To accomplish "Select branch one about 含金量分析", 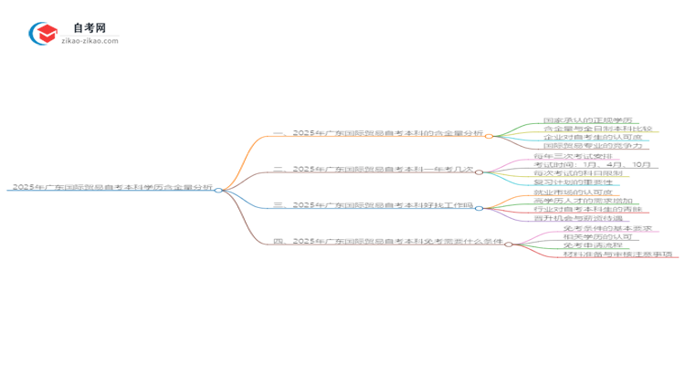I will [378, 133].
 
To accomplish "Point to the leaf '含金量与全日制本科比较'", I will [592, 129].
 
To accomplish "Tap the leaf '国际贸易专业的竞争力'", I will [592, 146].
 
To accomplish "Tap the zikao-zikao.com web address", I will [89, 41].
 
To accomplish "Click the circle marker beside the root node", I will [219, 189].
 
